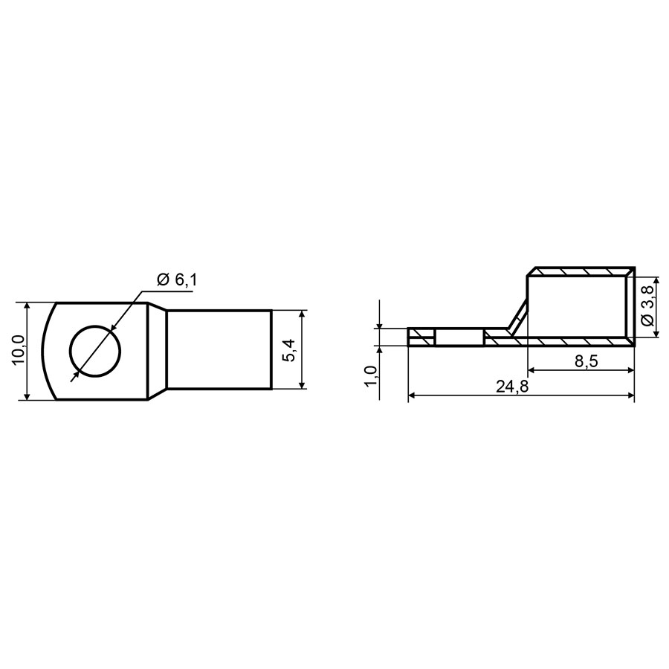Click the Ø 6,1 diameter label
pos(178,280)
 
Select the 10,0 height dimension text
pos(19,350)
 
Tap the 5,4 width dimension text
pos(288,350)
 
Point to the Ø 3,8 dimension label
pos(647,306)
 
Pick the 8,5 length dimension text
pos(586,361)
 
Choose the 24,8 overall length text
pos(512,387)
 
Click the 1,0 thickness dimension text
pos(371,375)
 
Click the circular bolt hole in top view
pos(95,351)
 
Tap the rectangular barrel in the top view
pos(219,350)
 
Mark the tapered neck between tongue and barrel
pos(157,351)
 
